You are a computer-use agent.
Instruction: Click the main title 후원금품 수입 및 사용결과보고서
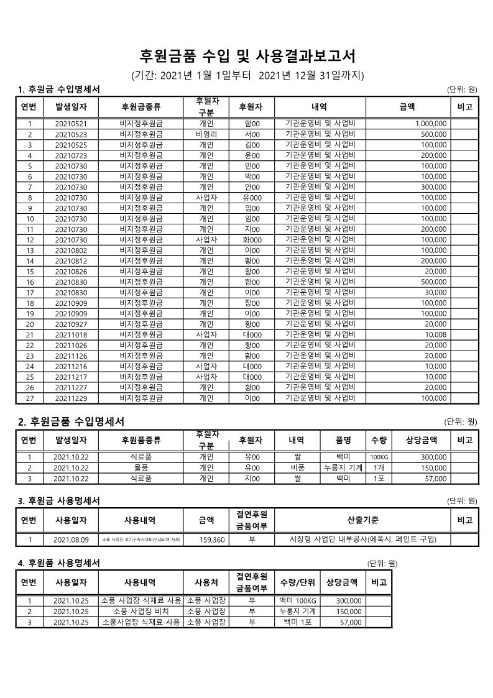[247, 57]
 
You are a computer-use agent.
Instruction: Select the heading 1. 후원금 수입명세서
[59, 90]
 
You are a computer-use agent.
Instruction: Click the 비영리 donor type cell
[206, 134]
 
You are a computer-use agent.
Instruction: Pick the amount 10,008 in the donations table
[435, 334]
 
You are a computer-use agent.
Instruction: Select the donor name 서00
[252, 134]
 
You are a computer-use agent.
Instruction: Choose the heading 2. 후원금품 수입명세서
[71, 421]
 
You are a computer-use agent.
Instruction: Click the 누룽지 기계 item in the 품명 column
[343, 467]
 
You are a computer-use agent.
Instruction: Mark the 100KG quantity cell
[379, 457]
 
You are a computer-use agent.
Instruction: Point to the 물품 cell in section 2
[141, 467]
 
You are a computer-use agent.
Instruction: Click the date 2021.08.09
[71, 540]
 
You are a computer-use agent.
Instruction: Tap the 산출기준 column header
[362, 520]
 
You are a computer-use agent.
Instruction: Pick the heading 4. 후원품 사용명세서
[58, 563]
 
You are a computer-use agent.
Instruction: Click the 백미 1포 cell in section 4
[298, 622]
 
